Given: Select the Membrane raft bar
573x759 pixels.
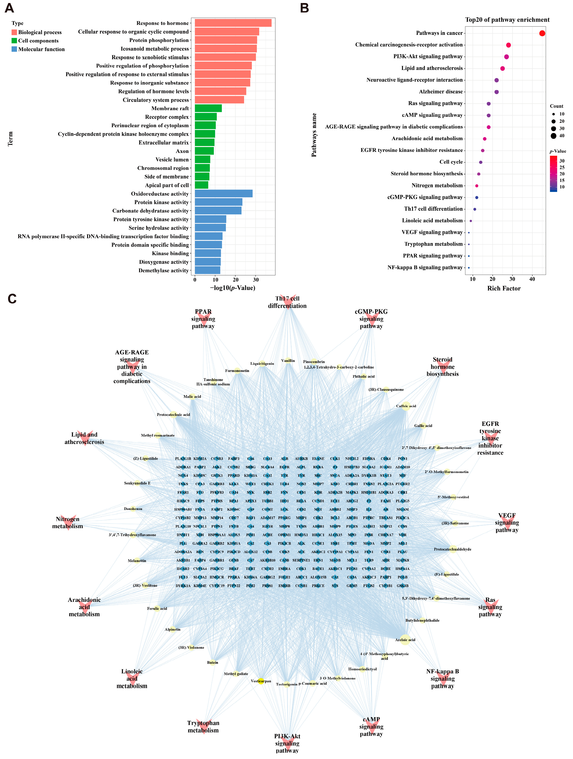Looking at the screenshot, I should coord(208,109).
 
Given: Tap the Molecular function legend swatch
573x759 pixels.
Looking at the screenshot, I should coord(14,49).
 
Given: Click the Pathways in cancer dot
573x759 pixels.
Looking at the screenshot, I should coord(542,33).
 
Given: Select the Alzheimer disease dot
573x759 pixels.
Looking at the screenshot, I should coord(497,92).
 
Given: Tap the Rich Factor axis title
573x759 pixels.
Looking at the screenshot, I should coord(504,289).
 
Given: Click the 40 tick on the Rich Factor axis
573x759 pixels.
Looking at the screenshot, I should coord(532,279).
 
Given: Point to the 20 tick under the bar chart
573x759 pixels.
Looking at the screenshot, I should coord(236,280).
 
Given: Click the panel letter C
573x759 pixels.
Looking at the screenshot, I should coord(12,299).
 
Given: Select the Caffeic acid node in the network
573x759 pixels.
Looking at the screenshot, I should coord(406,406).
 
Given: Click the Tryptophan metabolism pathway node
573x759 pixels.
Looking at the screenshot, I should coord(203,727).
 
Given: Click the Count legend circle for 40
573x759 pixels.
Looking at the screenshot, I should coord(554,136).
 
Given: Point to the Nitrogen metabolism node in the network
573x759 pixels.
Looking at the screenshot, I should coord(68,523).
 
